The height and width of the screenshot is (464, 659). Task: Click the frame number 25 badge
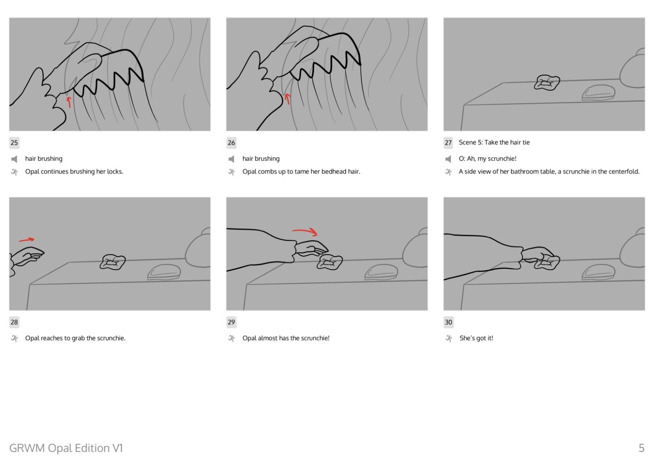click(x=14, y=143)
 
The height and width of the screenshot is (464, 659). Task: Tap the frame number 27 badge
click(x=448, y=143)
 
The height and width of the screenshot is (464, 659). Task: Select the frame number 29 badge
click(x=231, y=322)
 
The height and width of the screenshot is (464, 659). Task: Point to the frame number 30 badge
click(x=448, y=322)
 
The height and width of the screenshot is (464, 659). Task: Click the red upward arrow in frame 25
click(x=69, y=102)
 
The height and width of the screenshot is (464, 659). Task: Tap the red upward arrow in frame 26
click(x=288, y=99)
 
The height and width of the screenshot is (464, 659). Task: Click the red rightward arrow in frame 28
click(x=27, y=240)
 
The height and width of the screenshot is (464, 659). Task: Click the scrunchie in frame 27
click(x=547, y=82)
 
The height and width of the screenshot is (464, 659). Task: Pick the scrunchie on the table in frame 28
click(x=112, y=262)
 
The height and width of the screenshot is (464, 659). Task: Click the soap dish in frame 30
click(x=599, y=272)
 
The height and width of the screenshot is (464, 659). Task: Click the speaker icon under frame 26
click(x=231, y=159)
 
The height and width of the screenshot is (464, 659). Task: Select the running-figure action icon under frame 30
click(x=448, y=338)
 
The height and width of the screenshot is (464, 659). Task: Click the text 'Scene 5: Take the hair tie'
click(x=494, y=143)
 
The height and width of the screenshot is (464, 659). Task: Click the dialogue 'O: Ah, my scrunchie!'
click(x=487, y=159)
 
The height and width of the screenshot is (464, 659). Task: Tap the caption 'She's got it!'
click(x=476, y=338)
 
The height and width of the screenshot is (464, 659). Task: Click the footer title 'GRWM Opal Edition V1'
click(x=66, y=448)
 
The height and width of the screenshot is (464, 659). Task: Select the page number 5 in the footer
click(x=641, y=448)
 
